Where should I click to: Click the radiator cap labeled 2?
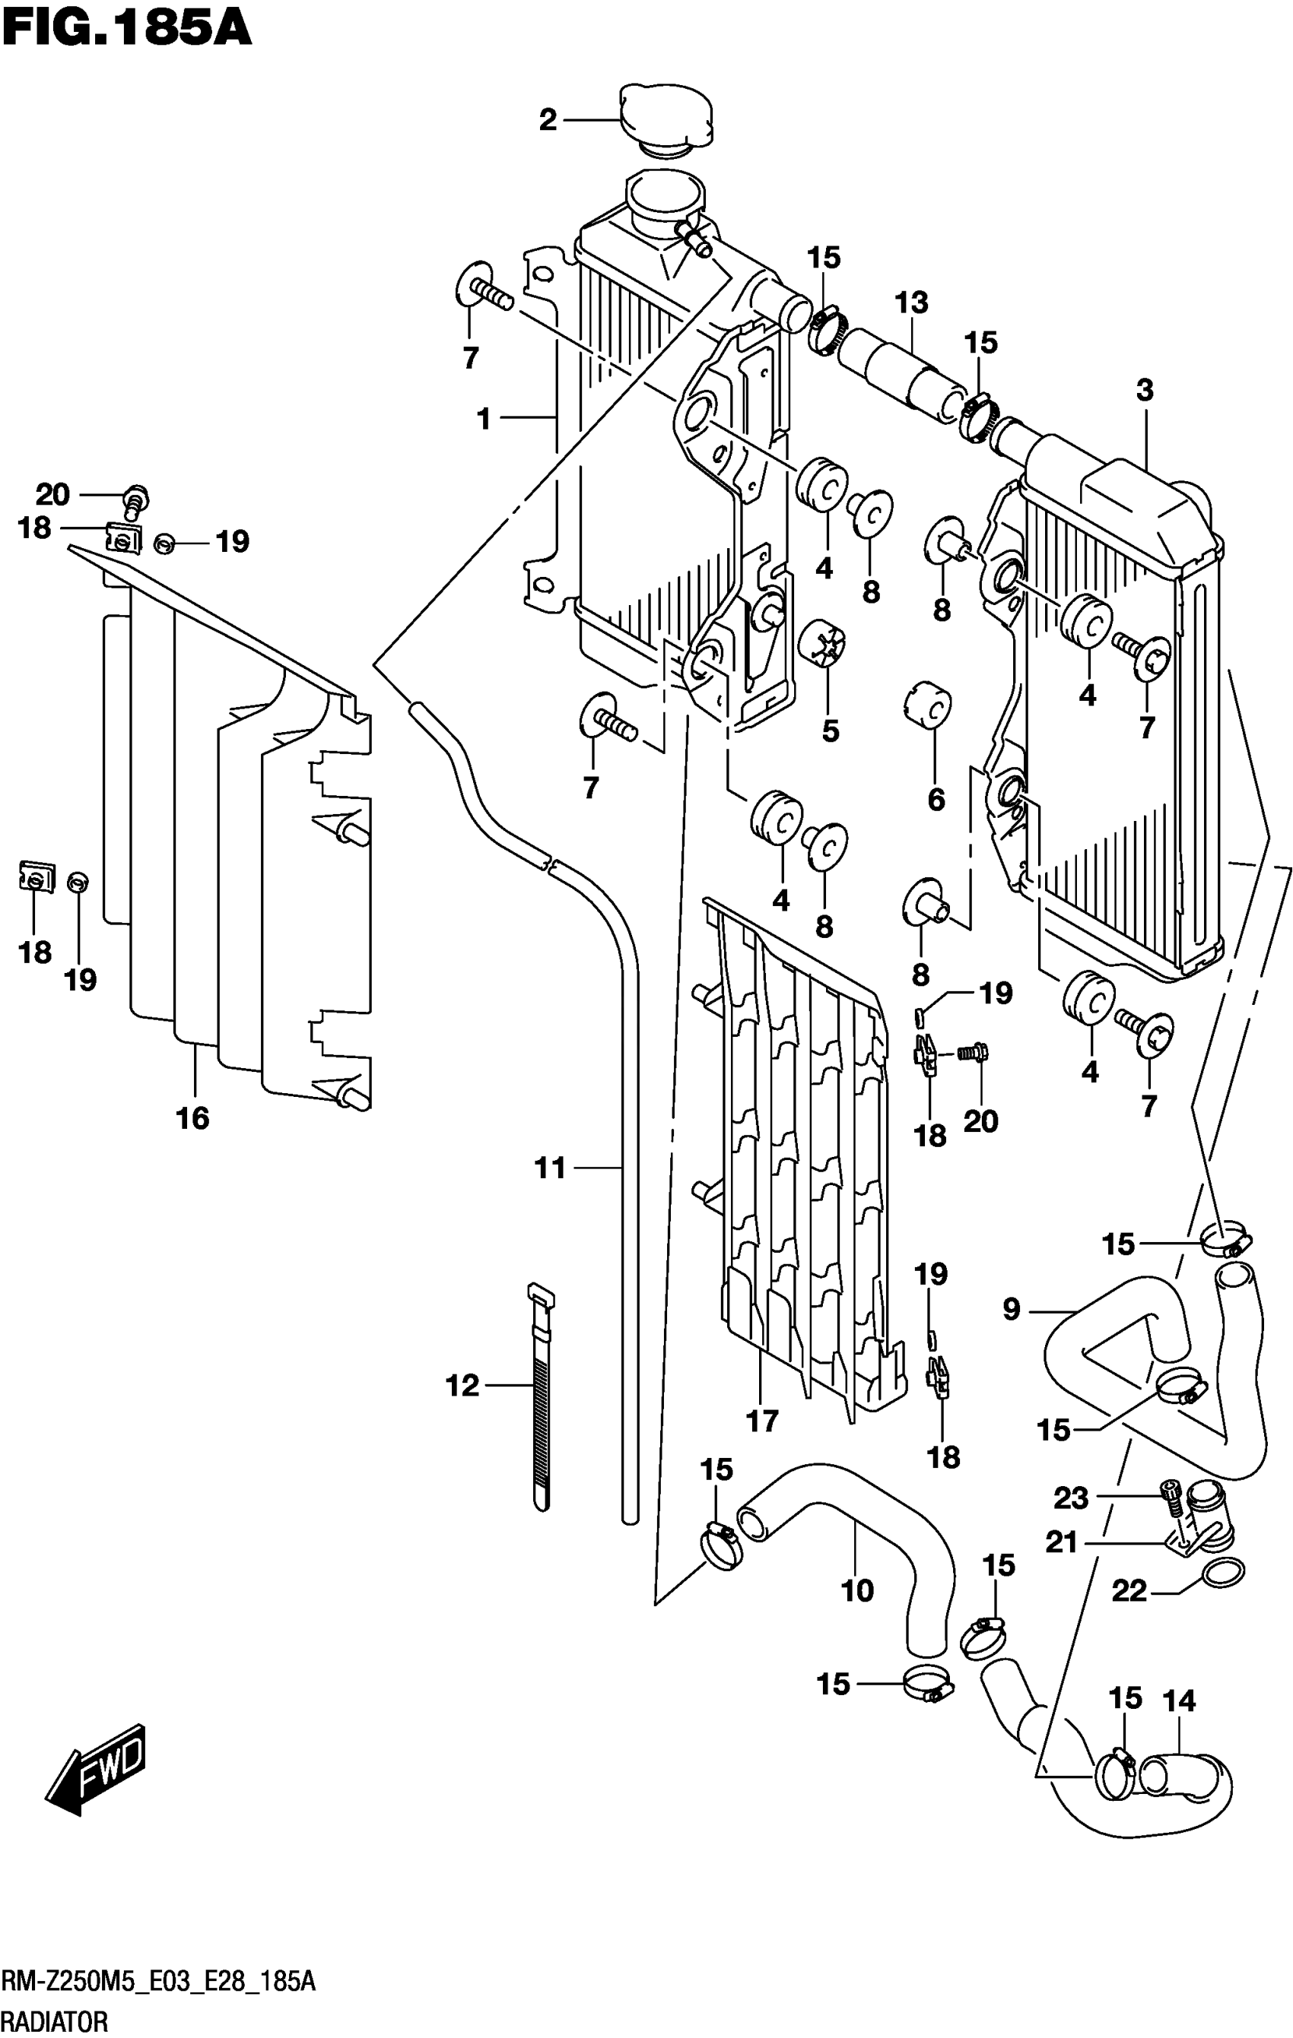(666, 120)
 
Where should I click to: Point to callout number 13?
(912, 302)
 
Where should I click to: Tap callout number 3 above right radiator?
(1145, 391)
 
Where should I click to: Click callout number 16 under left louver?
(192, 1119)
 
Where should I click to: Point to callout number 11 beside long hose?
(551, 1169)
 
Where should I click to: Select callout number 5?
(830, 731)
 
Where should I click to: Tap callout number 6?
(936, 799)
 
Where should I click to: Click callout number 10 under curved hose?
(857, 1591)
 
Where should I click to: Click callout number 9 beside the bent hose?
(1012, 1311)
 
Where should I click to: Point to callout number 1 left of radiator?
(484, 418)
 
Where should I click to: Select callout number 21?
(1061, 1543)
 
